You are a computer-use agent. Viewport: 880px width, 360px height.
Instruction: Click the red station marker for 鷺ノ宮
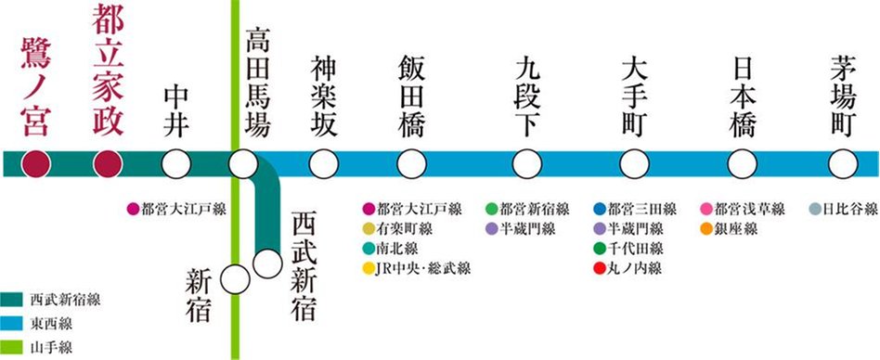[x=36, y=165]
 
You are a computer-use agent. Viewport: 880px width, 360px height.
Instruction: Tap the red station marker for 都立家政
[x=109, y=165]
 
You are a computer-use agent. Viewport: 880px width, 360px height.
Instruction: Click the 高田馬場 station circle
[x=243, y=165]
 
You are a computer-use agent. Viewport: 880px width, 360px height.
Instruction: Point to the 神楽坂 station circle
[x=323, y=165]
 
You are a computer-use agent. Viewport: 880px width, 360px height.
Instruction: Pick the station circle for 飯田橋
[x=409, y=165]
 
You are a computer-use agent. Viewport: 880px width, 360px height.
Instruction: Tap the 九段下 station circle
[x=528, y=165]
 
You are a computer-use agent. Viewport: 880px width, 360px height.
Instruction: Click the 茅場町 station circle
[x=842, y=165]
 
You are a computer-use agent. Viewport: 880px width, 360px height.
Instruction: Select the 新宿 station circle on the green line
[x=237, y=280]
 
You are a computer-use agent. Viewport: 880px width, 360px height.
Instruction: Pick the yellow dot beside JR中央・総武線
[x=369, y=269]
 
